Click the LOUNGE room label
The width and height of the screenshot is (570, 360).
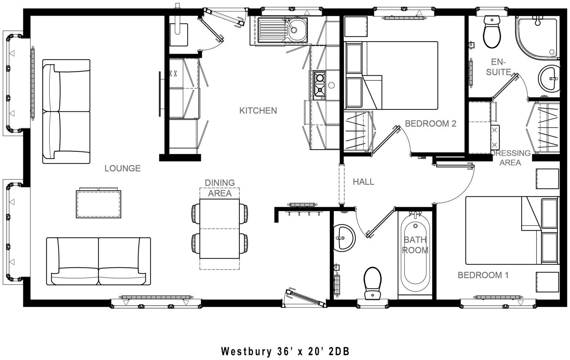[122, 168]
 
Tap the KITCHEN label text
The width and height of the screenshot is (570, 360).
[258, 111]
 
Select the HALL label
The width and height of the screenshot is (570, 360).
[363, 181]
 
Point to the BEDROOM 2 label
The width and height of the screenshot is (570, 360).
[430, 123]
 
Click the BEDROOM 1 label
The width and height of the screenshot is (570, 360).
[483, 275]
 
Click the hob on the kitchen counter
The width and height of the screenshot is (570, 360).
[319, 84]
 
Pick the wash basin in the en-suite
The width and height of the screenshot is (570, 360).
[549, 78]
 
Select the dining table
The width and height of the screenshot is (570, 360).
[220, 228]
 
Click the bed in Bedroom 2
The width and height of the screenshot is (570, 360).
[400, 75]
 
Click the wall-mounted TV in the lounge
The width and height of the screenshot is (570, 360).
[160, 94]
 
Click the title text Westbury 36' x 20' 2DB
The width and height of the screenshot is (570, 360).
[285, 351]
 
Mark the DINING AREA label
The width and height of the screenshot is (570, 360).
[220, 188]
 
